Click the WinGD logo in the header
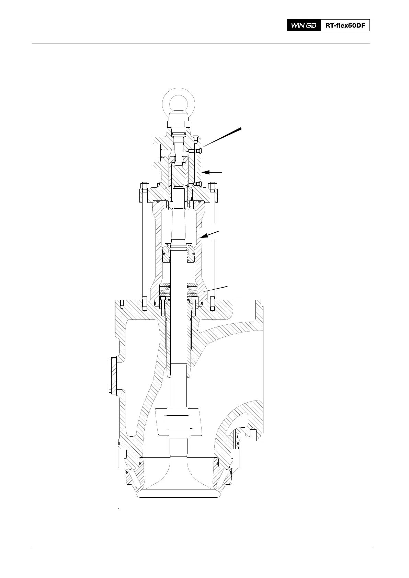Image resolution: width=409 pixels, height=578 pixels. pos(304,25)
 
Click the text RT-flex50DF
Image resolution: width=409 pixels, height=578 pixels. pos(345,25)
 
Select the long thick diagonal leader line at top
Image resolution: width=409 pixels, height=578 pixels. pos(222,137)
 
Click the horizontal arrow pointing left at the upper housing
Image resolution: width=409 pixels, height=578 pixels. pos(212,172)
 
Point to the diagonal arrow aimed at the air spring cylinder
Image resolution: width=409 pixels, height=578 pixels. pos(210,234)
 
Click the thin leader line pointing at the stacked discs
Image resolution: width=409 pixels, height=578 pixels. pos(215,289)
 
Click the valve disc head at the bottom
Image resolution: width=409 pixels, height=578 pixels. pos(179,493)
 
